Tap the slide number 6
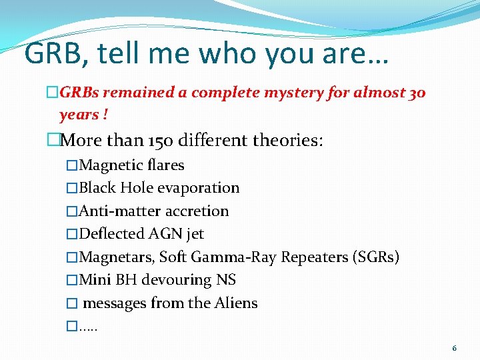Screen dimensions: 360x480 454,348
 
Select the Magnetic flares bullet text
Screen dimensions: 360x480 131,165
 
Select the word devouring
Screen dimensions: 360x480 176,280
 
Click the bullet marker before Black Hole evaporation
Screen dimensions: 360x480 73,189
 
